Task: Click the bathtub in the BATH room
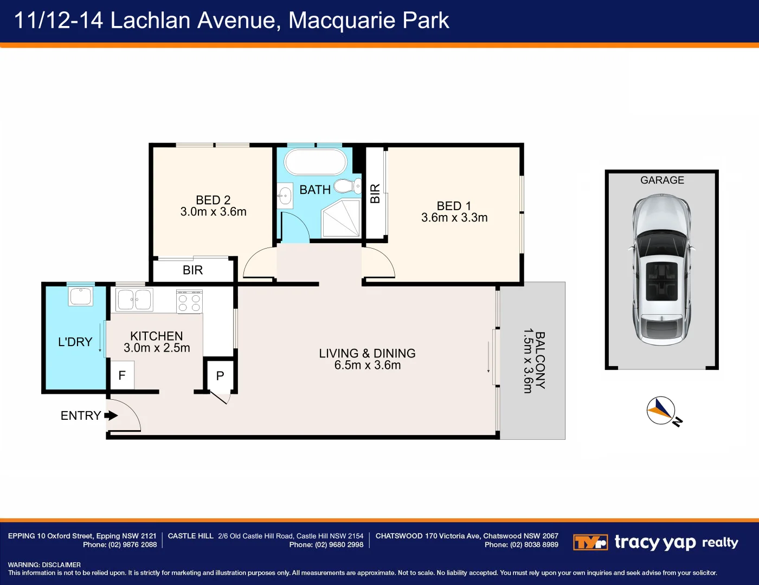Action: point(316,162)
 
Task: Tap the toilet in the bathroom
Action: point(348,186)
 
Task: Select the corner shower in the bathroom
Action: point(341,218)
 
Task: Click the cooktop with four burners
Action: point(189,301)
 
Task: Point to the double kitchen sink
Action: point(134,300)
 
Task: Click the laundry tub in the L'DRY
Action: point(81,296)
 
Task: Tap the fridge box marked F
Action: point(122,375)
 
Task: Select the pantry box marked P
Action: point(220,376)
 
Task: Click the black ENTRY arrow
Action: point(111,415)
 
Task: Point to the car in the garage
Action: point(661,270)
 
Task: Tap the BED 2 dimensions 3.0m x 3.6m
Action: point(214,212)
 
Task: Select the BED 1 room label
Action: point(454,206)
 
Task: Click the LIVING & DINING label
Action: point(368,353)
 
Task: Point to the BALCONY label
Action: point(540,360)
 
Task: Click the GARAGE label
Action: point(662,180)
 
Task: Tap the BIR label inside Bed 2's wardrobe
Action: point(193,270)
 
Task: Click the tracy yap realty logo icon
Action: point(590,542)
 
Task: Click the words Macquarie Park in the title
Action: point(369,21)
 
